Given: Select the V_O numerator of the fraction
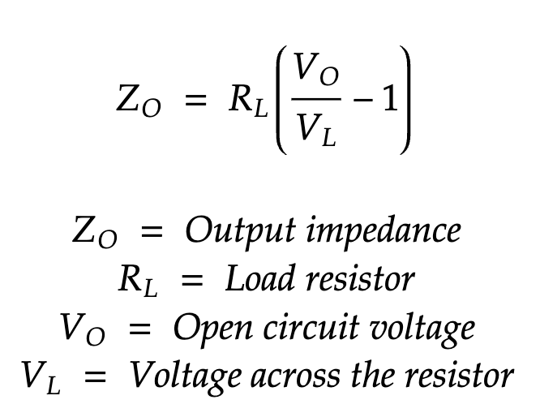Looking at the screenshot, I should (314, 72).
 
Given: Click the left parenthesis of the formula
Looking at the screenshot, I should (278, 101).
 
